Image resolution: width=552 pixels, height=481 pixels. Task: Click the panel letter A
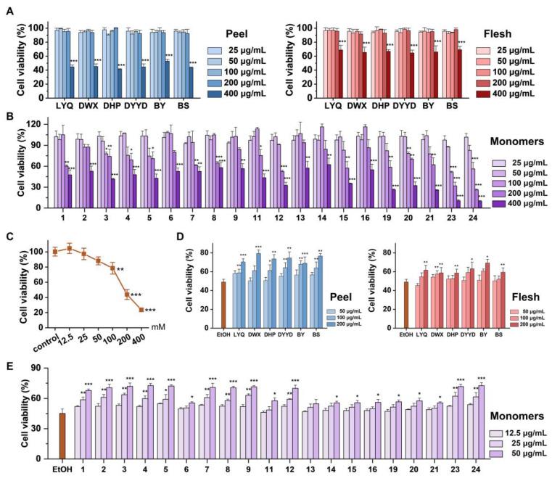pos(9,9)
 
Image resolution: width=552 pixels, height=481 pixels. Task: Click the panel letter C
pos(9,234)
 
